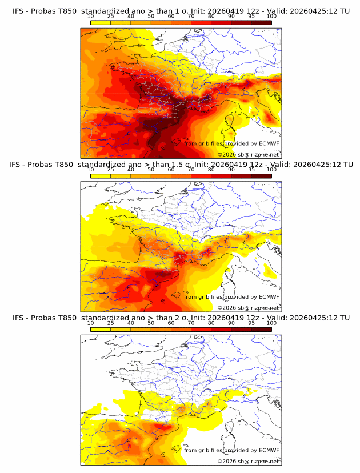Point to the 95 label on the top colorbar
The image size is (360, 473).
251,16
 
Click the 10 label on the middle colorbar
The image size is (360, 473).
91,170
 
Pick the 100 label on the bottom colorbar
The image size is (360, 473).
271,323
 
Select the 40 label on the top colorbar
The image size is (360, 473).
131,16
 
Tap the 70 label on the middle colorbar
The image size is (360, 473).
191,170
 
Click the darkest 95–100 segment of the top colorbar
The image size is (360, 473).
262,22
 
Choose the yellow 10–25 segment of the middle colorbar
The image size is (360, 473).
101,176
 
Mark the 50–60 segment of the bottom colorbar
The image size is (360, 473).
161,330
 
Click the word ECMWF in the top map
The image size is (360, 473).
269,143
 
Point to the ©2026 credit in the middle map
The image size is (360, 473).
226,308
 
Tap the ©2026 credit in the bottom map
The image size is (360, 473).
226,462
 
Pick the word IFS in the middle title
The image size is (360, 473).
18,165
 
